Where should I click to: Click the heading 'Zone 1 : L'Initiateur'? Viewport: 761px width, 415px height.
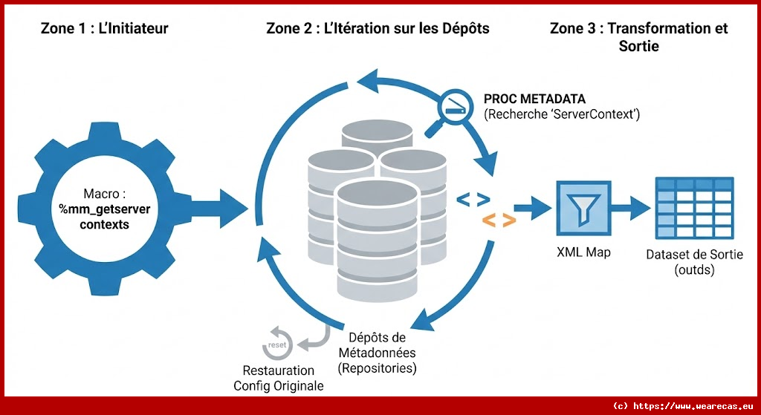coord(104,29)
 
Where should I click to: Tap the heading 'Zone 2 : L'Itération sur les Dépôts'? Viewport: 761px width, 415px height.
coord(378,29)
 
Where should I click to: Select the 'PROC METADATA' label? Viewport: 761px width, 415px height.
coord(534,99)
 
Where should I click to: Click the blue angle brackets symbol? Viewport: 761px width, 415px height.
coord(473,198)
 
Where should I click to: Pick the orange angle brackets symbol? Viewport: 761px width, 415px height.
coord(499,220)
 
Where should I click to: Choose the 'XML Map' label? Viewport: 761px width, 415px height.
coord(583,252)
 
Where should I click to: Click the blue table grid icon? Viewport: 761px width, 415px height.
coord(693,206)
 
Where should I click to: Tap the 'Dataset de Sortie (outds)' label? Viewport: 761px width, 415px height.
coord(693,263)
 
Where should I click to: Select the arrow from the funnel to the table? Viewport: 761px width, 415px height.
coord(629,206)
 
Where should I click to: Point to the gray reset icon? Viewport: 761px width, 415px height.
coord(276,342)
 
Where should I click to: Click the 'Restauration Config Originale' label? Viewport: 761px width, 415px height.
coord(279,378)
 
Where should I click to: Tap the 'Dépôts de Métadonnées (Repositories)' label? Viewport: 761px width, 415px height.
coord(377,352)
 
